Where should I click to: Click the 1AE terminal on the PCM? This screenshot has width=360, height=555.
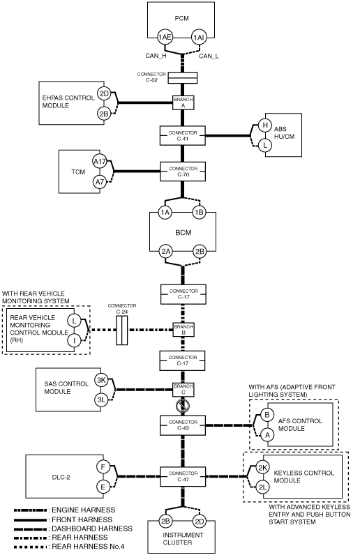point(165,37)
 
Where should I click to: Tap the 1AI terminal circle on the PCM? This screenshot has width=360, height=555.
point(198,37)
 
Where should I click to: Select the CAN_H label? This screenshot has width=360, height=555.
point(156,56)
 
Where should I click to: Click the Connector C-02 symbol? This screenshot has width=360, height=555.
point(182,78)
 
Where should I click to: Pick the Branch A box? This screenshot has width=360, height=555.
point(183,102)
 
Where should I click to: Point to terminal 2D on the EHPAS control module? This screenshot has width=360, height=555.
point(104,94)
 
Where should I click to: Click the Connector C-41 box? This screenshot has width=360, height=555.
point(183,135)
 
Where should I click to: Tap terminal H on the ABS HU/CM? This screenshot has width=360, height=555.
point(264,125)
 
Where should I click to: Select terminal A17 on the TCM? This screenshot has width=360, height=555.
point(100,162)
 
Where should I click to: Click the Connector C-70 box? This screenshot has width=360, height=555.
point(183,172)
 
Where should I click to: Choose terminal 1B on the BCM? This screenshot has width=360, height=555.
point(199,213)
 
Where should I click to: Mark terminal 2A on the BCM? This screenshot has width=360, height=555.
point(166,252)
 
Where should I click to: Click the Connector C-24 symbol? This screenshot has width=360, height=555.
point(121,330)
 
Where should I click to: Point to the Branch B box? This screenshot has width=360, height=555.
point(183,330)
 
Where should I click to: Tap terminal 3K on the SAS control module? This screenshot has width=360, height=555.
point(101,380)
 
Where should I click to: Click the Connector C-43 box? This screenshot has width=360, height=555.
point(183,425)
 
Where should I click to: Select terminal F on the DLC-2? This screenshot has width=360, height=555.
point(103,467)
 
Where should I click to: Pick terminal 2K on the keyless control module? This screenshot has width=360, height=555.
point(262,468)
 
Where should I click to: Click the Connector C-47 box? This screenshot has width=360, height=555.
point(183,476)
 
